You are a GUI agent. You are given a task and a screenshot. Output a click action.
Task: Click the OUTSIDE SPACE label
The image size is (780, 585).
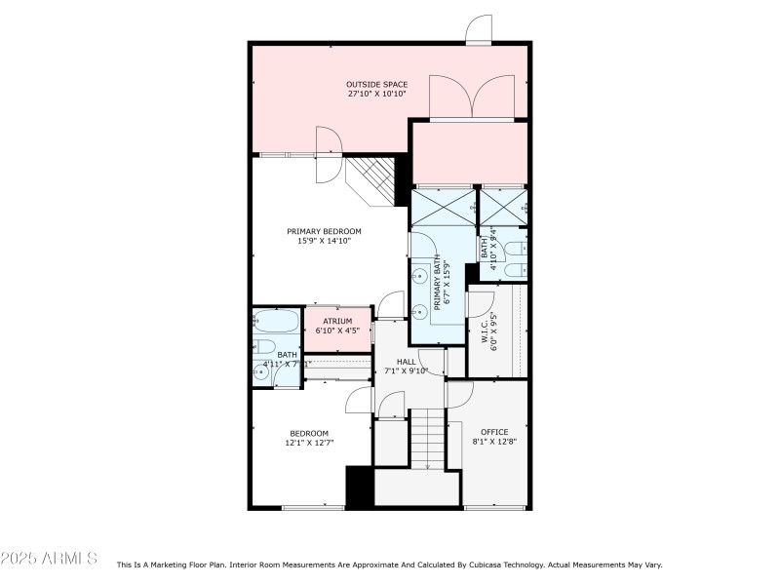tap(376, 84)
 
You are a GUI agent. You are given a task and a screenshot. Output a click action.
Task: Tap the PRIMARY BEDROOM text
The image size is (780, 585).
tap(324, 231)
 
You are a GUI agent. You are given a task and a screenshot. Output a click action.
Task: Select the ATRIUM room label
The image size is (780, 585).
tap(337, 321)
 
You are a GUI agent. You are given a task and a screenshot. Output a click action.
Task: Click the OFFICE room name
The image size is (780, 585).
tap(494, 432)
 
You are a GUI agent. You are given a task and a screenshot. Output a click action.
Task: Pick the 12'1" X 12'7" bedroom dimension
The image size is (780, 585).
tap(308, 443)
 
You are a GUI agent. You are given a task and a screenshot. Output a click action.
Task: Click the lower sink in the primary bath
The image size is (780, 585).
tap(421, 312)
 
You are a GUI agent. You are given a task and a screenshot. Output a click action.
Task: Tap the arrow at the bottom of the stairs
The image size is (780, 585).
tap(427, 465)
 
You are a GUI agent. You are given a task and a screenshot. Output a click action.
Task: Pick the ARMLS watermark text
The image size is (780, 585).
tap(49, 559)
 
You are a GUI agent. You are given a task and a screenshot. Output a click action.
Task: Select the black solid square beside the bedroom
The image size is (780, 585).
tap(360, 486)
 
